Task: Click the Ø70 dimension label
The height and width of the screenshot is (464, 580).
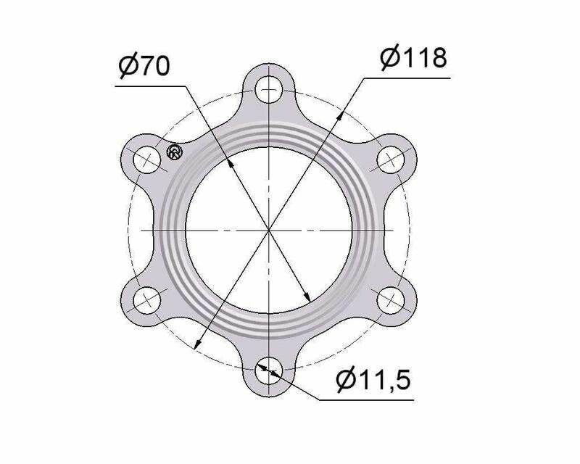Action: (x=144, y=66)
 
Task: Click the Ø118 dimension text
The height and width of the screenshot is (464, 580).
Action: (x=413, y=58)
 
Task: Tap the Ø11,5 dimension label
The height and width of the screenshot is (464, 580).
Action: (x=373, y=379)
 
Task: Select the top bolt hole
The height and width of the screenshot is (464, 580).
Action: (x=269, y=90)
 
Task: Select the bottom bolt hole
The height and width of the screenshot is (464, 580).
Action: (x=269, y=370)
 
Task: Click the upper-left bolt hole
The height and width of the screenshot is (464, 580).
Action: (x=147, y=159)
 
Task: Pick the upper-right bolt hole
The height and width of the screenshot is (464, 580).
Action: (x=391, y=159)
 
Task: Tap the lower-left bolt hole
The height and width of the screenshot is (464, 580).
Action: (x=147, y=300)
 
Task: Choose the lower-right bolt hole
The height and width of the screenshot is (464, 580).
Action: (x=391, y=300)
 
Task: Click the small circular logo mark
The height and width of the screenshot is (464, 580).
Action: (x=175, y=152)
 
